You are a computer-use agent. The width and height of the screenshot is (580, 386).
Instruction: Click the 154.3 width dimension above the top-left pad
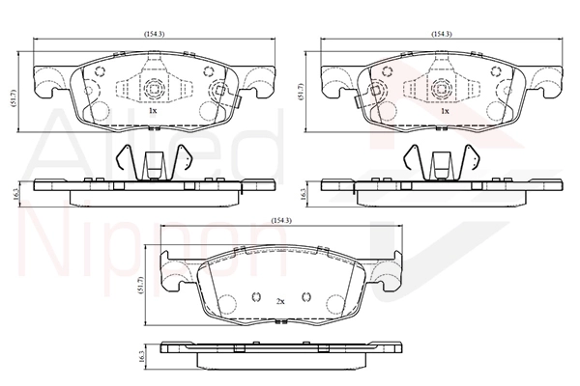(155, 34)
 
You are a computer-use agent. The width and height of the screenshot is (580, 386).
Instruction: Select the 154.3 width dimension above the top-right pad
(442, 34)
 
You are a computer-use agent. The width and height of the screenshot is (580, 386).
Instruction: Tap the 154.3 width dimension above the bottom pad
(281, 221)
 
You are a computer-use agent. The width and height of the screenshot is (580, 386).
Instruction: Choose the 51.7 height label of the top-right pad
(301, 92)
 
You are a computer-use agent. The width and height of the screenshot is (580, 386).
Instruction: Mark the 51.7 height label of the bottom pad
(140, 284)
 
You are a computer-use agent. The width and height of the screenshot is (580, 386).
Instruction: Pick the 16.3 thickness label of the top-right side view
(304, 194)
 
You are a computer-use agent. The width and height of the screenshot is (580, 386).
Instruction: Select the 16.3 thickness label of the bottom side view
(141, 357)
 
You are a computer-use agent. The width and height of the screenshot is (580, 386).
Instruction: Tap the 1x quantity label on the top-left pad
(153, 110)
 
